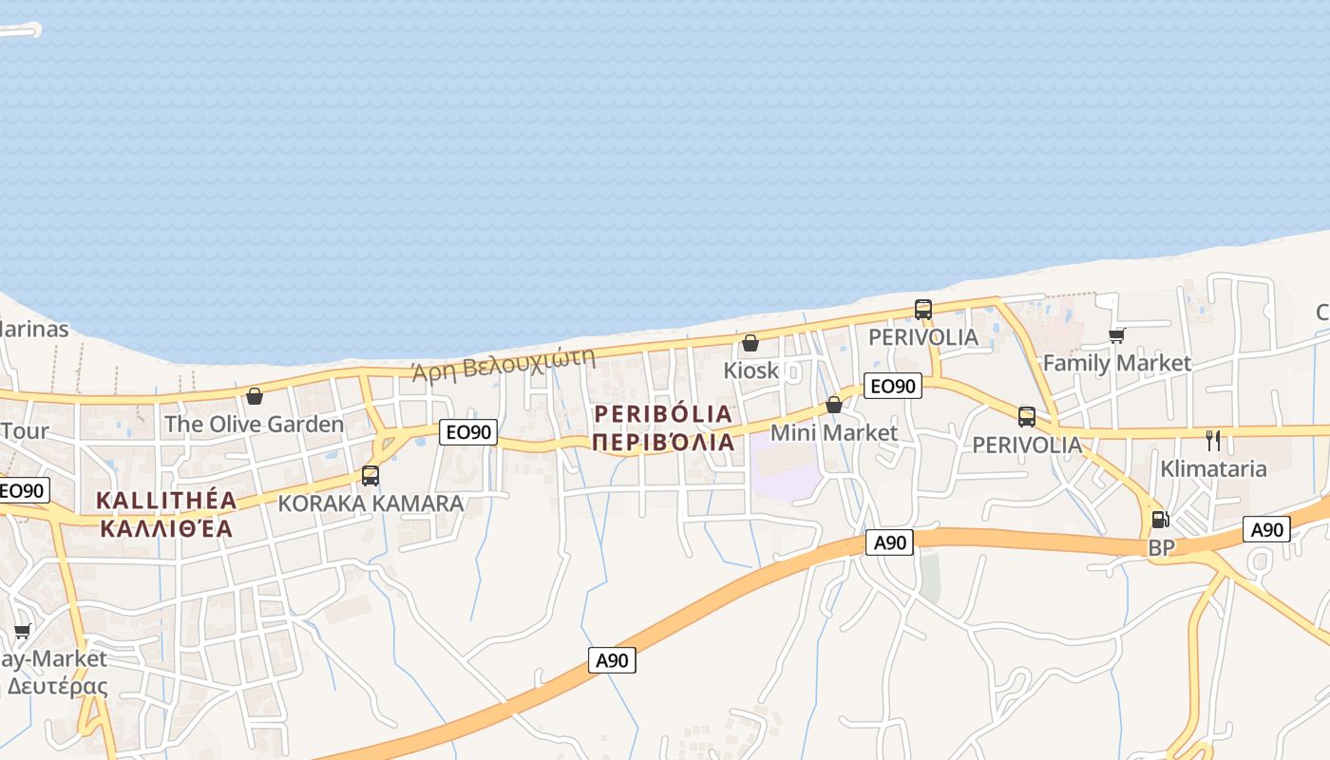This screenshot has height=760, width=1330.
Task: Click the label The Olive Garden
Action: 255,424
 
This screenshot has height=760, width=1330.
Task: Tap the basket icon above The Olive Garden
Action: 255,396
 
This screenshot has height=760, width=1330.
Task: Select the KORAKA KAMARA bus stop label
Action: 370,503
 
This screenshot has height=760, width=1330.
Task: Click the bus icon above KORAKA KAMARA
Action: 370,476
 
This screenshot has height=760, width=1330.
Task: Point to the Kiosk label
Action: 750,370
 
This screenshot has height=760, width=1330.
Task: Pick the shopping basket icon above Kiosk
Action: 750,343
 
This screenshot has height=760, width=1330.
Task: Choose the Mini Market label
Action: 833,432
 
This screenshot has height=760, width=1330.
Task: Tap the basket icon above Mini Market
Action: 834,405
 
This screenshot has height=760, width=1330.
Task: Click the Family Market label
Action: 1116,363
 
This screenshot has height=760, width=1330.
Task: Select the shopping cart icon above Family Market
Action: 1117,335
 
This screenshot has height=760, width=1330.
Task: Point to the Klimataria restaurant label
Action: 1213,468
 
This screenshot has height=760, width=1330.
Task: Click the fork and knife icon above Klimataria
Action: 1213,441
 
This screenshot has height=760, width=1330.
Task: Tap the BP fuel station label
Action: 1161,547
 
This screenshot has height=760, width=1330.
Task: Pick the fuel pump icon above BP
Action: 1160,520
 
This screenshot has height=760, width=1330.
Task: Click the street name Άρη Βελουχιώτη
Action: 503,364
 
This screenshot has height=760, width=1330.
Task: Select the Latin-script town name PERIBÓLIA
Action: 663,414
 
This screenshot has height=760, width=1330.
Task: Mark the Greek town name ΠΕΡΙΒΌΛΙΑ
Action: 663,443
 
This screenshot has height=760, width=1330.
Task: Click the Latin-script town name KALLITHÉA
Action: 166,501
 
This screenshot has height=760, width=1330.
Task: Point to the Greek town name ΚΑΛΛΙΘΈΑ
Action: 166,529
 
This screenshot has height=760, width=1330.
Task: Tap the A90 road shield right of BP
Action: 1267,529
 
